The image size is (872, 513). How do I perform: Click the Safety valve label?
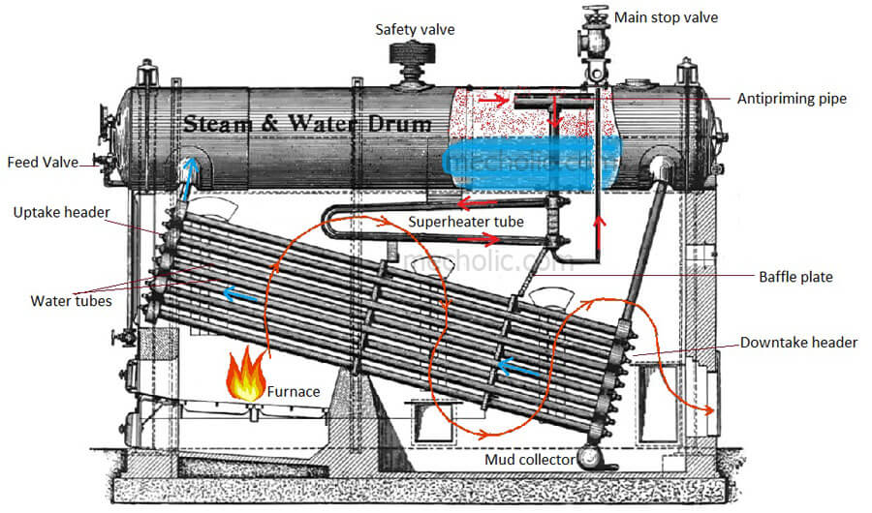point(415,29)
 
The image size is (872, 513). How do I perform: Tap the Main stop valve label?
point(667,17)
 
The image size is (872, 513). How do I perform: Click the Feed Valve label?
point(42,162)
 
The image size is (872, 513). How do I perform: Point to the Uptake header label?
point(59,212)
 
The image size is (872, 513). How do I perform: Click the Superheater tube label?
point(465,222)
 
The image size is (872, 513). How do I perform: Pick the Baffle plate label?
point(795,277)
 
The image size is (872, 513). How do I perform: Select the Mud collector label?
point(528,459)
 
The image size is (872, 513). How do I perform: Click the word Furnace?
point(295,392)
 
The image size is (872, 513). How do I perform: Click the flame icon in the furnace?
point(246,377)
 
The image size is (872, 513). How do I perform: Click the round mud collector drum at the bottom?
point(589,458)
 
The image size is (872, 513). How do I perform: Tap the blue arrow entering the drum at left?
point(191,174)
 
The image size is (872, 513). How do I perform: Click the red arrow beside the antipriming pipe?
point(491,99)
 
